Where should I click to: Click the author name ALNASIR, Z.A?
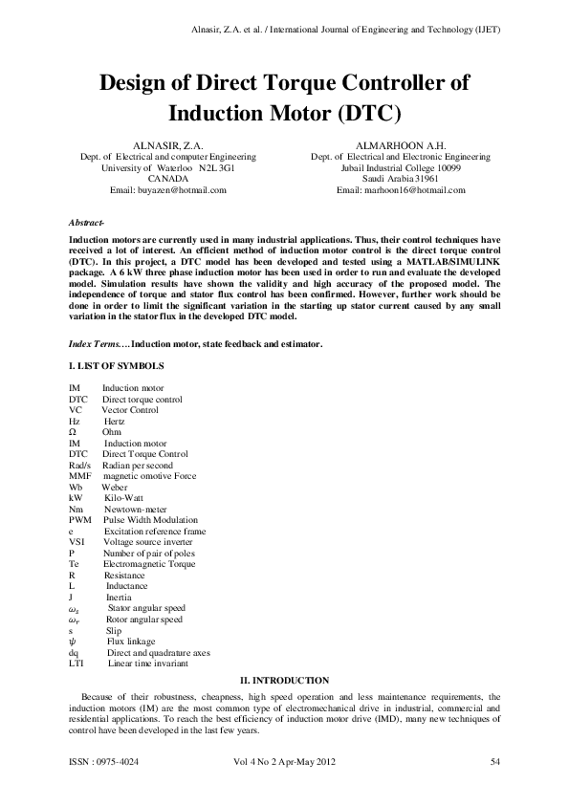point(167,144)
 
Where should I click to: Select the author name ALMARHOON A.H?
point(400,144)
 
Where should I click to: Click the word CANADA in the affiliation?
point(167,179)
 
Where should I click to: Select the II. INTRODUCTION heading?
point(285,678)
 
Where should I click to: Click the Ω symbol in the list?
point(74,432)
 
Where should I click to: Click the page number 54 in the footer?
point(495,762)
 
